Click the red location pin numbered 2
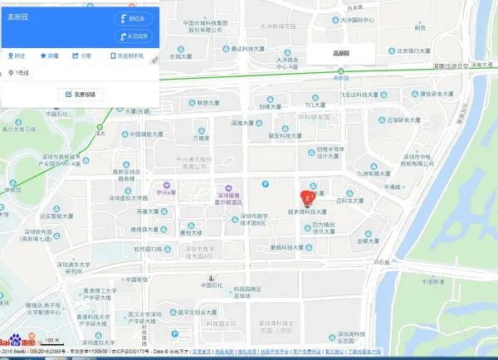tap(308, 197)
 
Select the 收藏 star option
tap(49, 56)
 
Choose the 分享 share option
tap(81, 56)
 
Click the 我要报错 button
tap(81, 95)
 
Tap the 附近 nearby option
tap(16, 56)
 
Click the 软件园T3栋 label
tap(144, 248)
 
